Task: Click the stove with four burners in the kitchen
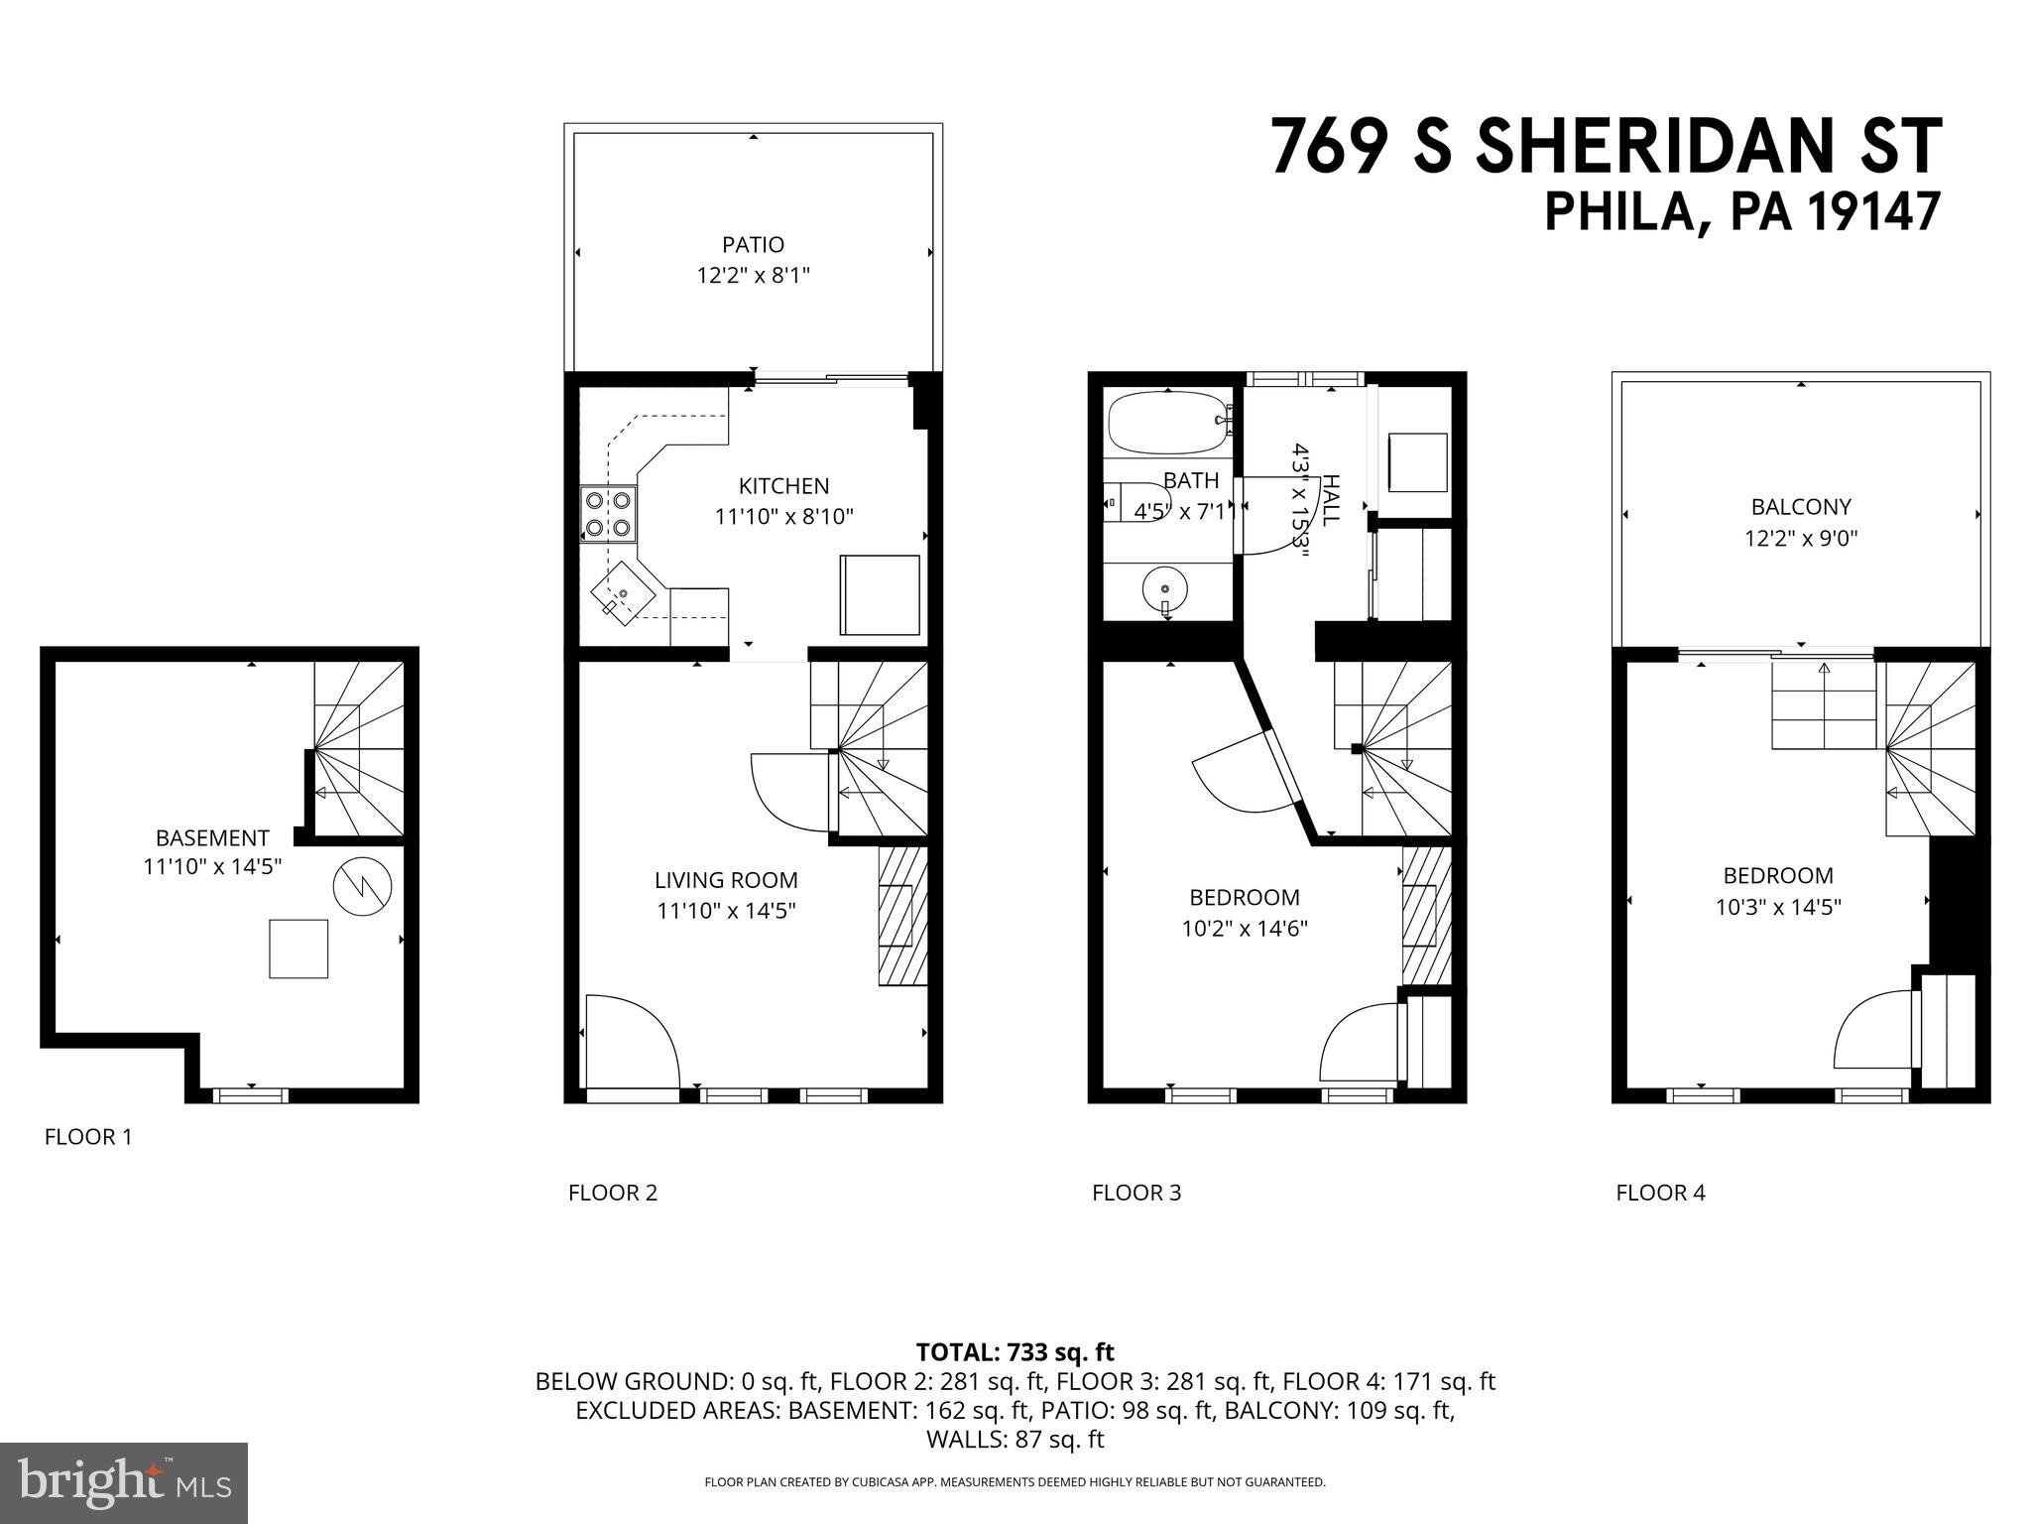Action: [x=607, y=514]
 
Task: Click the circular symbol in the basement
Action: [x=362, y=885]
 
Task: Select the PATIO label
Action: [x=753, y=244]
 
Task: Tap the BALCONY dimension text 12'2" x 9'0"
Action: [x=1800, y=539]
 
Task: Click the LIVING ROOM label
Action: [x=726, y=880]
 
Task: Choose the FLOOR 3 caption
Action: [x=1136, y=1193]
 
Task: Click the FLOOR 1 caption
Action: [x=88, y=1137]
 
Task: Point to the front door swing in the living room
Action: [x=631, y=1042]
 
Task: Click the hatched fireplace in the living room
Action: [x=902, y=915]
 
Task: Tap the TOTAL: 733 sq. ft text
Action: [x=1015, y=1352]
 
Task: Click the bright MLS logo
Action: [x=124, y=1482]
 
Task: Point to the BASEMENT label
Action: [x=212, y=837]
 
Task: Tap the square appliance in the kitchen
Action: [x=880, y=595]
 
